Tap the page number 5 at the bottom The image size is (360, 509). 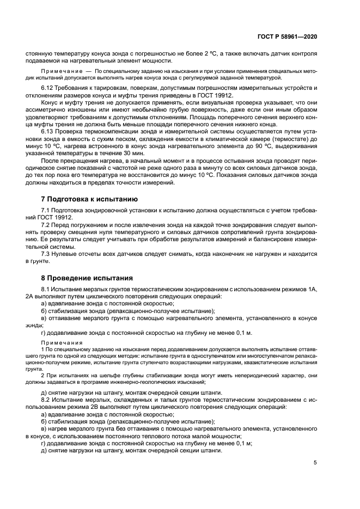tap(315, 463)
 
